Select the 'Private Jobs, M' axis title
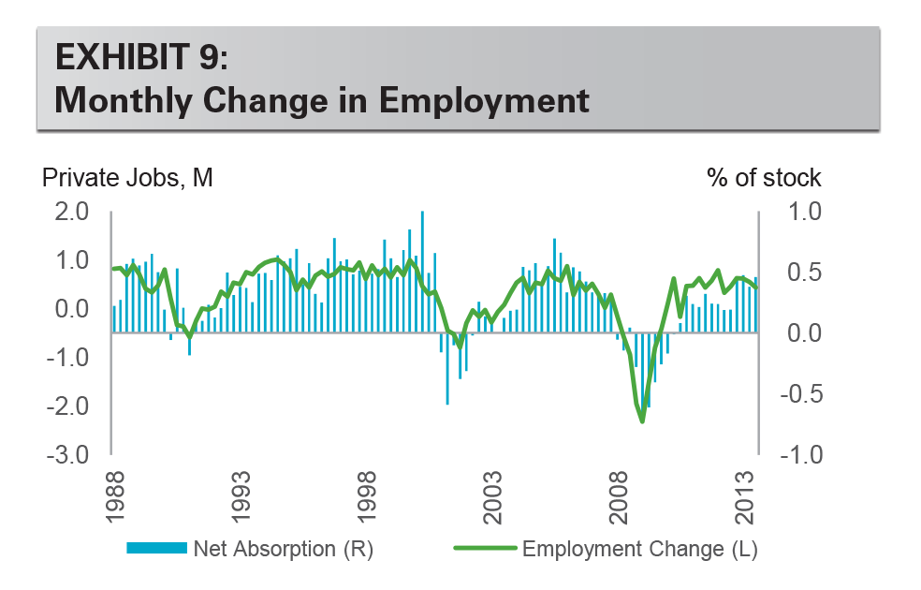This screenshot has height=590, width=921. point(127,177)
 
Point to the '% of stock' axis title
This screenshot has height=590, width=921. point(764,177)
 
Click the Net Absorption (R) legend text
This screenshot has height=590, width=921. point(283,550)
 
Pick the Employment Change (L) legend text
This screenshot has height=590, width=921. point(639,550)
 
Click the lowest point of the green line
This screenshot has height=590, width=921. point(642,420)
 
